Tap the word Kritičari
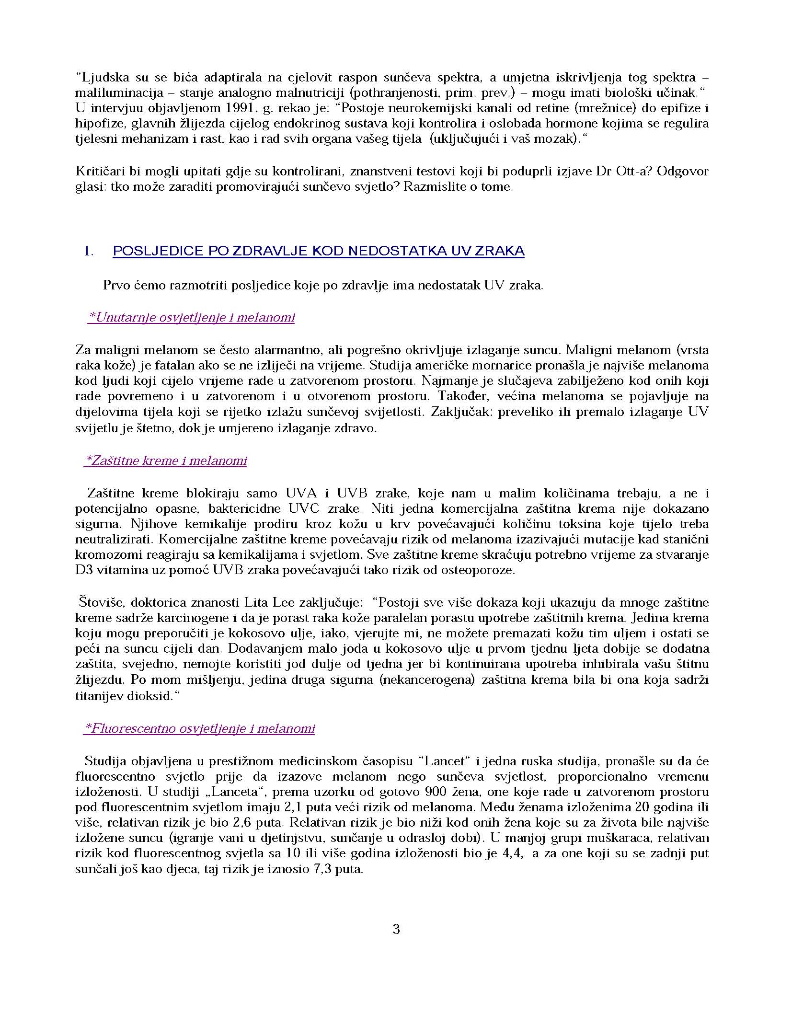(x=97, y=172)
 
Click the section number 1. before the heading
(x=89, y=251)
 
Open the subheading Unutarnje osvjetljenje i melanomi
(x=192, y=318)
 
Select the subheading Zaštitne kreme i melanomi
(x=166, y=461)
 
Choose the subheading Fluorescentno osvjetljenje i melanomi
(x=200, y=729)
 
